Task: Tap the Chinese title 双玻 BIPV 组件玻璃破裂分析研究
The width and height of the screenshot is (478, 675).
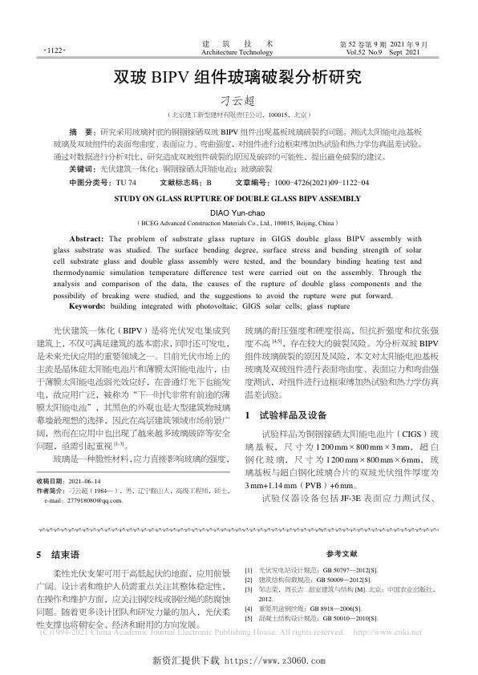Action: [238, 79]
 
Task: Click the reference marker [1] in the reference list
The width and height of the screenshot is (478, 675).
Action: [249, 569]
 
